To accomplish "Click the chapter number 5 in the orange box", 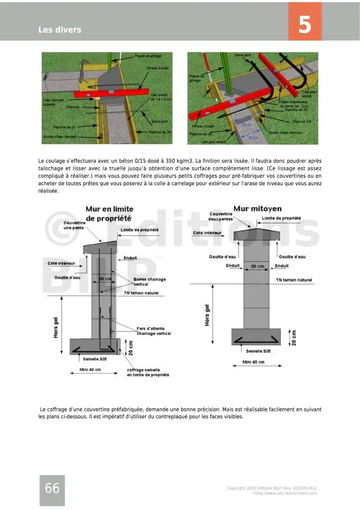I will pos(304,25).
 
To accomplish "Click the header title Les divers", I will pos(60,29).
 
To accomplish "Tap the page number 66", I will pos(52,489).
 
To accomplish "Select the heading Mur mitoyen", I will pos(256,208).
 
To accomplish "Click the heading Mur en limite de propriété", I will pos(109,213).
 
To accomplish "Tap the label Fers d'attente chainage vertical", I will pos(154,331).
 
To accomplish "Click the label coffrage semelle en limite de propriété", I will pos(148,372).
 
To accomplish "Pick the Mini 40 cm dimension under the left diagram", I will pos(89,369).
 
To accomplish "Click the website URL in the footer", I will pos(285,493).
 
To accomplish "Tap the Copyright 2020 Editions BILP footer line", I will pos(272,488).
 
